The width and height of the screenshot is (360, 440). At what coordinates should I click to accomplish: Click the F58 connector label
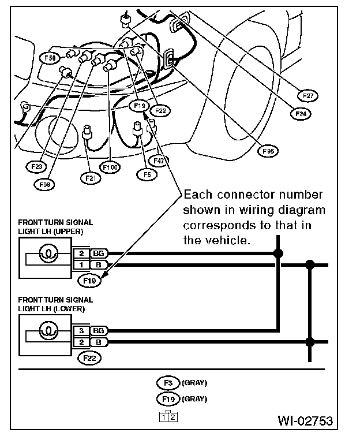(50, 58)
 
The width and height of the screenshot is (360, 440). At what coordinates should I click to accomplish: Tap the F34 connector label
(301, 114)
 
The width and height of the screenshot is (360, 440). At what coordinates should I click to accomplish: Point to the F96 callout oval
(268, 151)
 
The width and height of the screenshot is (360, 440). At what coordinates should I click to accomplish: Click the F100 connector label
(109, 167)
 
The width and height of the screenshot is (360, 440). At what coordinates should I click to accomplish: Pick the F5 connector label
(147, 172)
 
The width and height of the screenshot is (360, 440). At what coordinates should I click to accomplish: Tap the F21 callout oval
(90, 178)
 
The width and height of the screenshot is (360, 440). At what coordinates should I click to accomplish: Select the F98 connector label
(43, 184)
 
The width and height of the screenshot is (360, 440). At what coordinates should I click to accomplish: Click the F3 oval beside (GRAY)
(168, 382)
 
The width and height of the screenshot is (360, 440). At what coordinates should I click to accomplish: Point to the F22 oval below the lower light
(89, 358)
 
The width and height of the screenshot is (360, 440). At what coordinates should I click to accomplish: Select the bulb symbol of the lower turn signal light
(48, 330)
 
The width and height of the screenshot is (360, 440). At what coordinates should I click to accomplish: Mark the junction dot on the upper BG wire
(279, 253)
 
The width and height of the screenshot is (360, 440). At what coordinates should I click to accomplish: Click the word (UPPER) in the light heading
(71, 232)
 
